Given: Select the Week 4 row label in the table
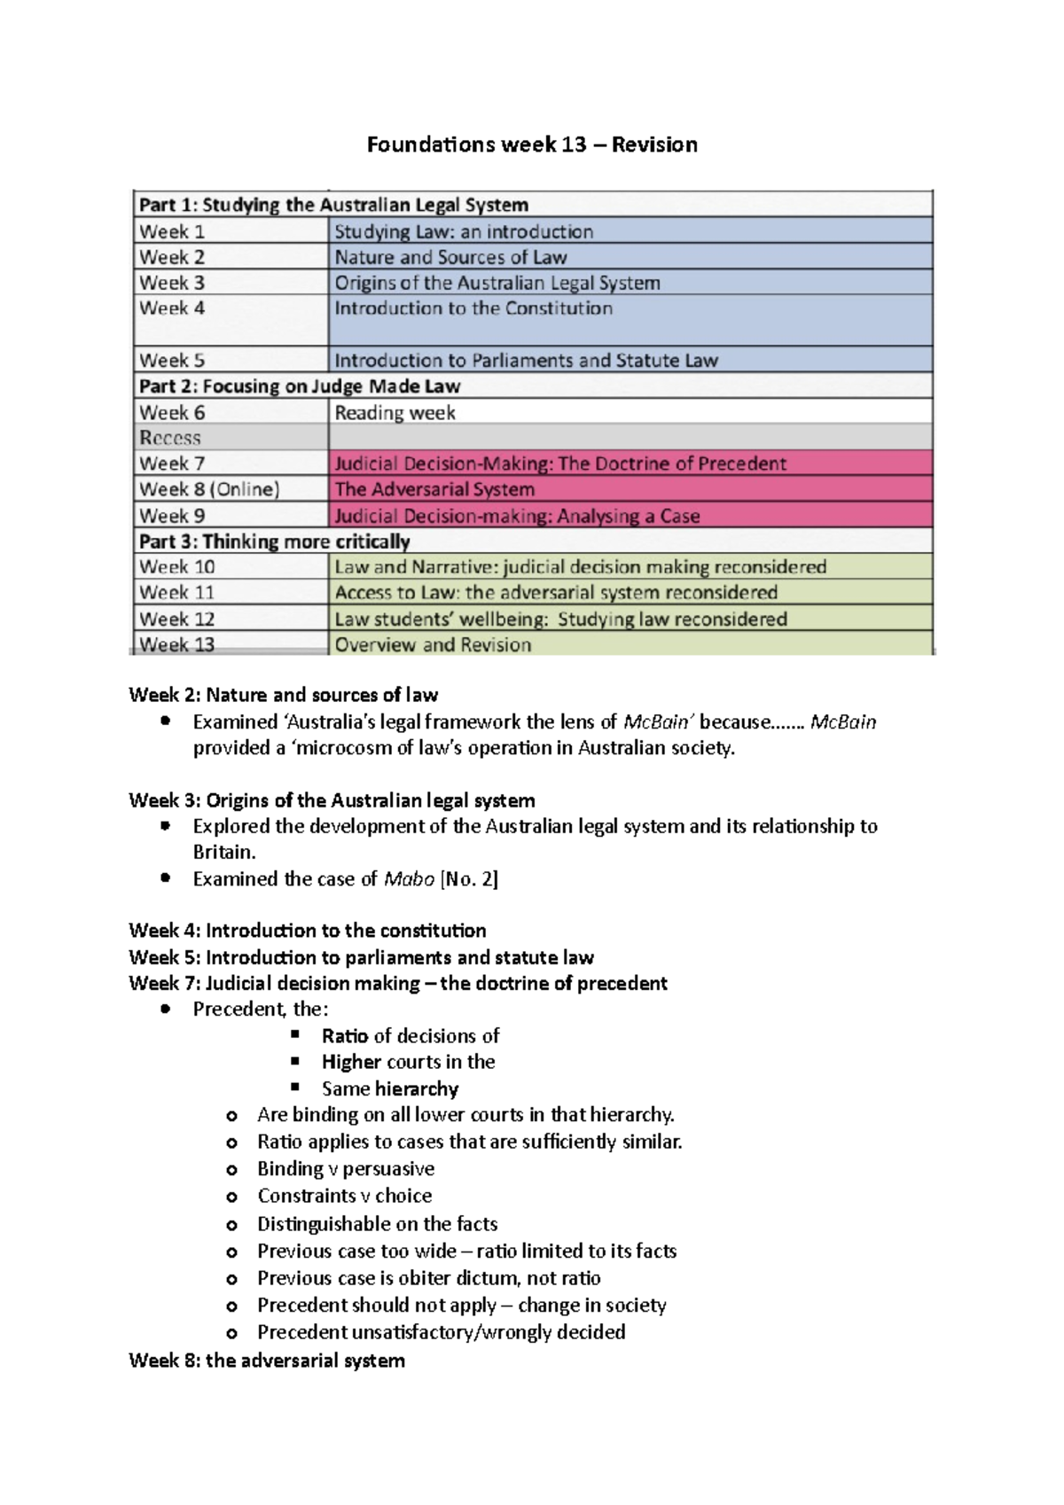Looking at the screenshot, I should coord(173,308).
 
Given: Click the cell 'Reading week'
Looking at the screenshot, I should coord(395,412).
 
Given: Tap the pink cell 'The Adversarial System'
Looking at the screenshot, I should coord(434,489).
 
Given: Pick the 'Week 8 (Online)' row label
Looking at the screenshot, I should coord(209,489).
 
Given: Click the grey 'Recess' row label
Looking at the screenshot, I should coord(170,438).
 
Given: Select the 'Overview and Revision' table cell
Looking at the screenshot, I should coord(433,644).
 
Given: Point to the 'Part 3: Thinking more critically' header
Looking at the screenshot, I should coord(274,542).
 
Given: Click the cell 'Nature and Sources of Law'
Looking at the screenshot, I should coord(450,257).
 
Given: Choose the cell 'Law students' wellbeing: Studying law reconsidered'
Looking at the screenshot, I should coord(560,619).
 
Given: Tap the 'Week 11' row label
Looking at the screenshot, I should coord(177,592).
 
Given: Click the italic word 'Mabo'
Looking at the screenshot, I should coord(408,878).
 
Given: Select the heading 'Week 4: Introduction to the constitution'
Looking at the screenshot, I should coord(307,931).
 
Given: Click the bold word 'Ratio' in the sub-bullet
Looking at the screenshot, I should coord(345,1035).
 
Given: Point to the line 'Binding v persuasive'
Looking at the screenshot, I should coord(345,1168).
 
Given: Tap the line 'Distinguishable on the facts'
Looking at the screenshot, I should coord(377,1223).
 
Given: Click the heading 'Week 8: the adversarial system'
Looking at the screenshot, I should coord(266,1361).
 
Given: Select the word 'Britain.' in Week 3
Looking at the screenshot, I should coord(224,852).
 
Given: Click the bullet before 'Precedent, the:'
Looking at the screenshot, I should coord(165,1010).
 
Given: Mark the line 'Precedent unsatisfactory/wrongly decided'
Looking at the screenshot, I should coord(441,1331).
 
